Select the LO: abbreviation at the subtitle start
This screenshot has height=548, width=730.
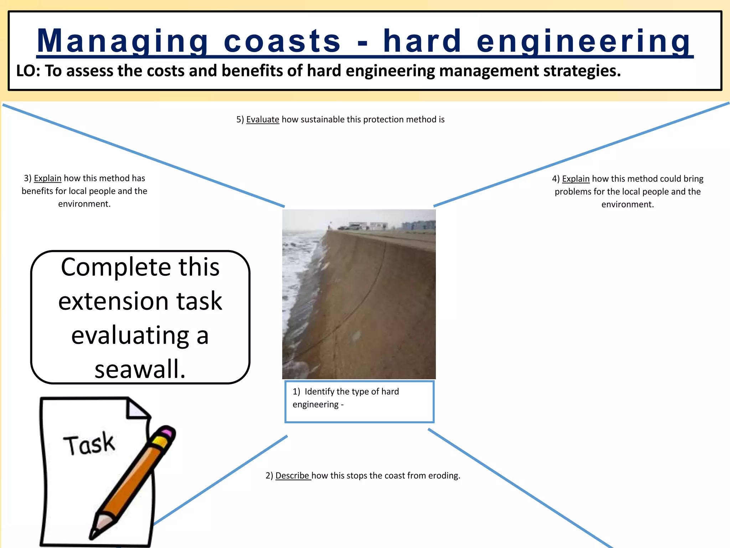coord(28,71)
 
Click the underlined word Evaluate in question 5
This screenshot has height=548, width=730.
coord(262,120)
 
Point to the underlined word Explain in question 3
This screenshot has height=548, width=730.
coord(47,178)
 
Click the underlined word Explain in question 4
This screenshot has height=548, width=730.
coord(575,179)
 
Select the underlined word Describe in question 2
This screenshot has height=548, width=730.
coord(292,476)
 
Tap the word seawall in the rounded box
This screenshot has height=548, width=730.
coord(139,369)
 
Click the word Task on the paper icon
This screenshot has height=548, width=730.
coord(89,444)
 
